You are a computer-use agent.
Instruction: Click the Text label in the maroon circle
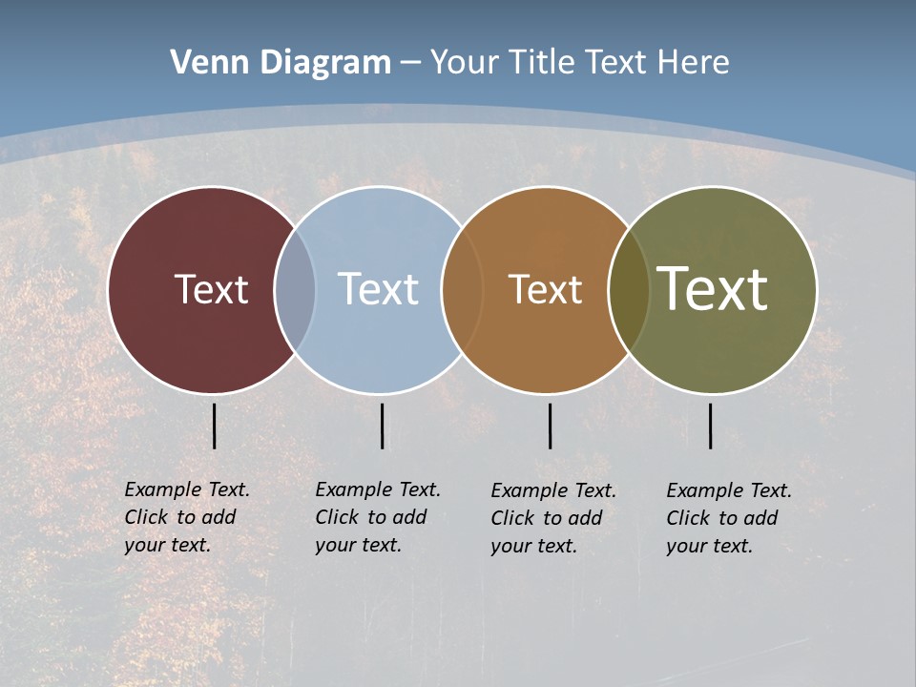211,289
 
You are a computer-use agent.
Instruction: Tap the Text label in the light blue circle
379,289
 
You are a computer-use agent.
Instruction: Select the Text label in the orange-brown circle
545,289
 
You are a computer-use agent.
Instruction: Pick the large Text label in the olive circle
713,288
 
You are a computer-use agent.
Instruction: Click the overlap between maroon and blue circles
295,290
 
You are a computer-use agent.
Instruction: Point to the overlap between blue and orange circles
462,290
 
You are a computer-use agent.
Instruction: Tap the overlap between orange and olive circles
629,290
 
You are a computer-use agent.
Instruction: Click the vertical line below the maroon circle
214,426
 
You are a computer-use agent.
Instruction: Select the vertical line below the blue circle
382,426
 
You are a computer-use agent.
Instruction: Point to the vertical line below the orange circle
550,426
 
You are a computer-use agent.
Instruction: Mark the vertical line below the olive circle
710,426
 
